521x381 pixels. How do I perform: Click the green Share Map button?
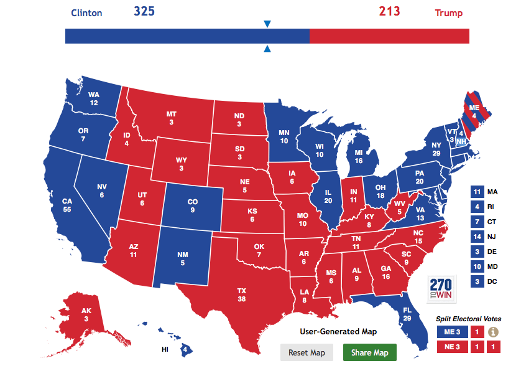click(x=369, y=352)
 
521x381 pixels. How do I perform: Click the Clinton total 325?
click(x=144, y=12)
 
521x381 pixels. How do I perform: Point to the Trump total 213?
click(x=389, y=12)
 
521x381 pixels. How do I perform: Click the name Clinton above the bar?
click(x=86, y=13)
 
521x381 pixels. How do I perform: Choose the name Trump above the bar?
click(x=448, y=13)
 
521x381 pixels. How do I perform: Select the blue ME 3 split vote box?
click(x=451, y=332)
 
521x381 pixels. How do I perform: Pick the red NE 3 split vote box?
click(x=451, y=347)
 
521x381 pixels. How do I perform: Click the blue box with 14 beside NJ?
click(x=477, y=237)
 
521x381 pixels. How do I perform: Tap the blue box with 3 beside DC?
click(x=477, y=281)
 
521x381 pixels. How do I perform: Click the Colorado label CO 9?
click(x=192, y=205)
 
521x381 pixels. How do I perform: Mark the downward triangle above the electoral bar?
click(x=267, y=24)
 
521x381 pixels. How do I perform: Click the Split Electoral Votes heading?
click(x=468, y=319)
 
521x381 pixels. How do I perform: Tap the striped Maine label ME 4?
click(x=474, y=111)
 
